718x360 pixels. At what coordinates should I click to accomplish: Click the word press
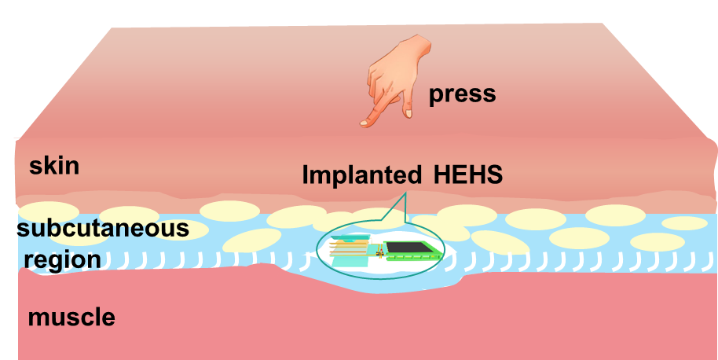tap(462, 94)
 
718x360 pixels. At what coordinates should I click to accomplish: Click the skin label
tap(54, 167)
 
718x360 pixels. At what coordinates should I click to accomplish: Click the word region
tap(62, 259)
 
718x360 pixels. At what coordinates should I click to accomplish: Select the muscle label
tap(71, 318)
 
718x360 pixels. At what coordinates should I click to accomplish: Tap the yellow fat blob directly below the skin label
tap(49, 211)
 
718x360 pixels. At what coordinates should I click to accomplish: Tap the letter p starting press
tap(435, 96)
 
